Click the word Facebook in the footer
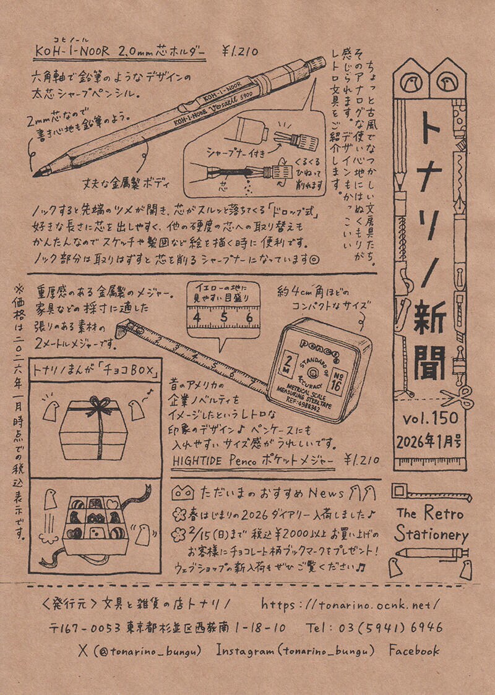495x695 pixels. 414,650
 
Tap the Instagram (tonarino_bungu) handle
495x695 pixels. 296,650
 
